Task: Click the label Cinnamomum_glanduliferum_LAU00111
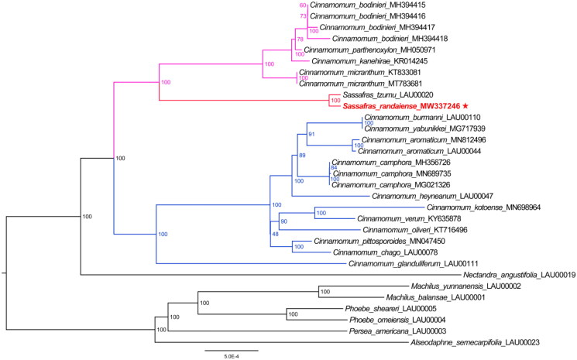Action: point(424,264)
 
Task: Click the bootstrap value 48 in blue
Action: point(274,235)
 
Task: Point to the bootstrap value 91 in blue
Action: point(312,135)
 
